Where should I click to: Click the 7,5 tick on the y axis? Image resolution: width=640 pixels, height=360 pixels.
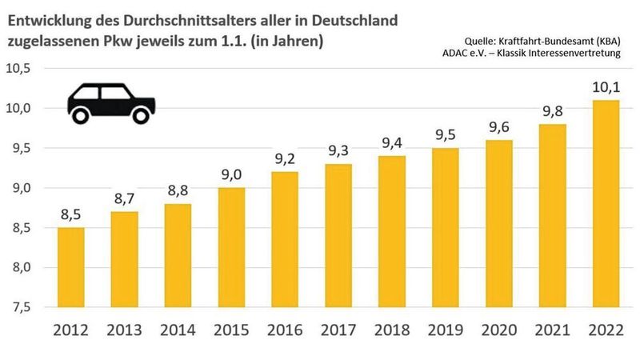click(20, 307)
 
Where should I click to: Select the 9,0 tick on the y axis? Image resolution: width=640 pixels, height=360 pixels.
click(20, 188)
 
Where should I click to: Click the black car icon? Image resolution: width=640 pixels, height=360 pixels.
click(110, 102)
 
